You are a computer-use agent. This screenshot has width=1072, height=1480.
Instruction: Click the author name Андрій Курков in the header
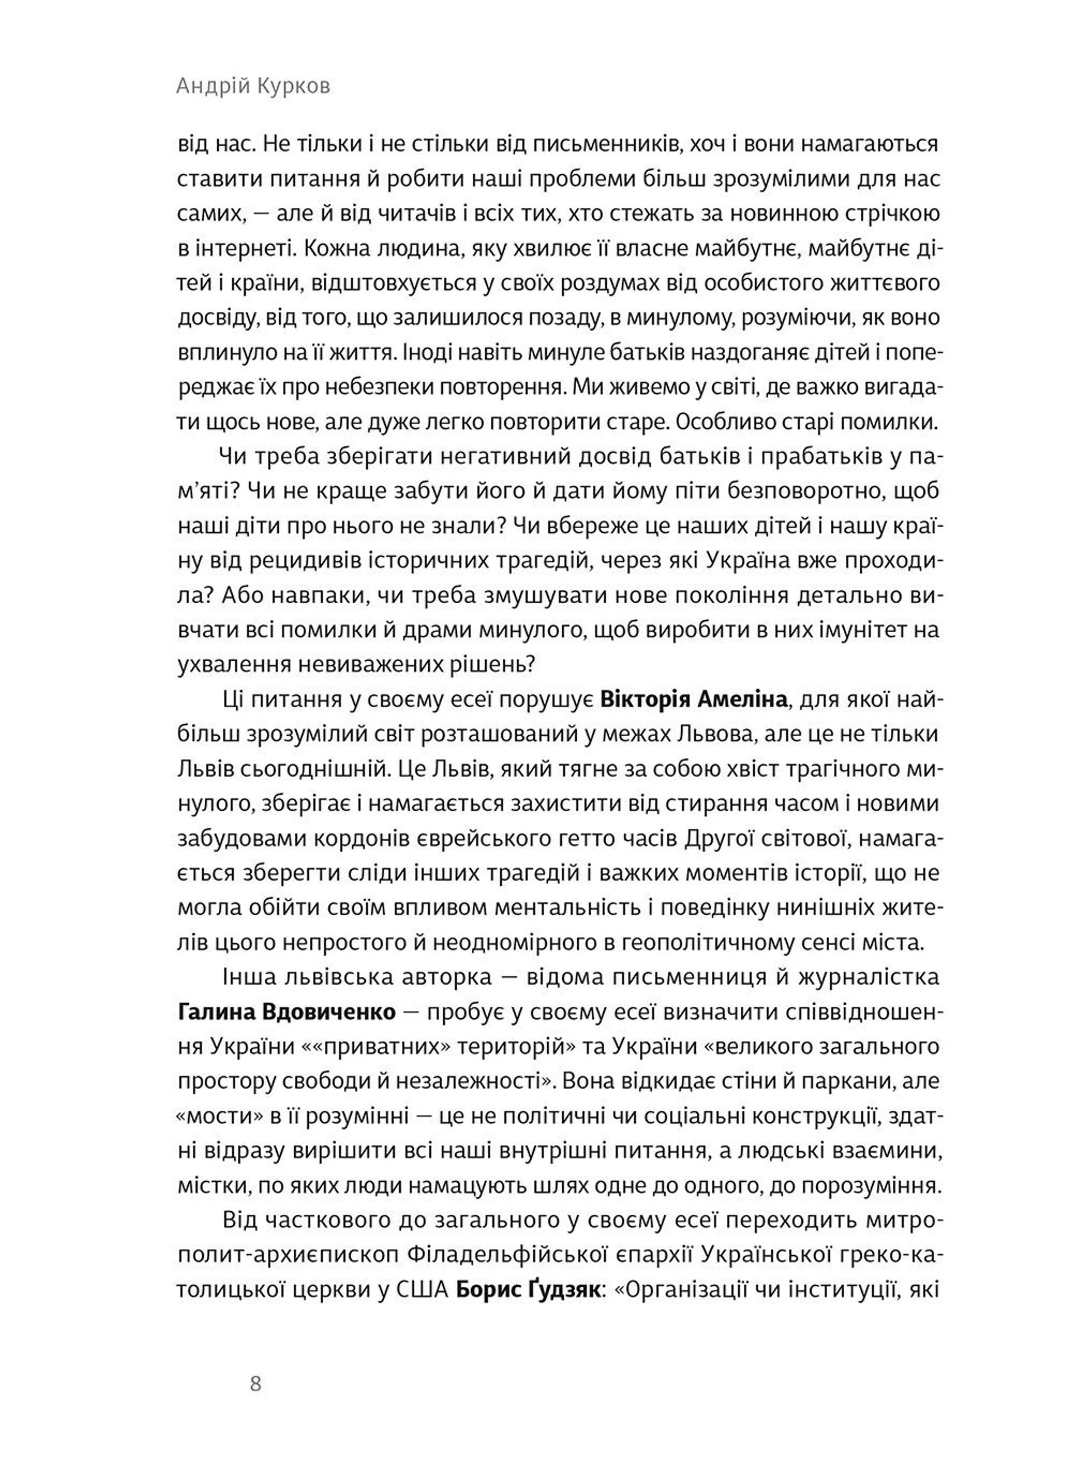pyautogui.click(x=253, y=86)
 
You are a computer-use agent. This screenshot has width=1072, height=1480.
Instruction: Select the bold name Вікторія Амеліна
pyautogui.click(x=693, y=700)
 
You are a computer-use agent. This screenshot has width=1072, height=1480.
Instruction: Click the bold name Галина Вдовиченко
pyautogui.click(x=286, y=1012)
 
